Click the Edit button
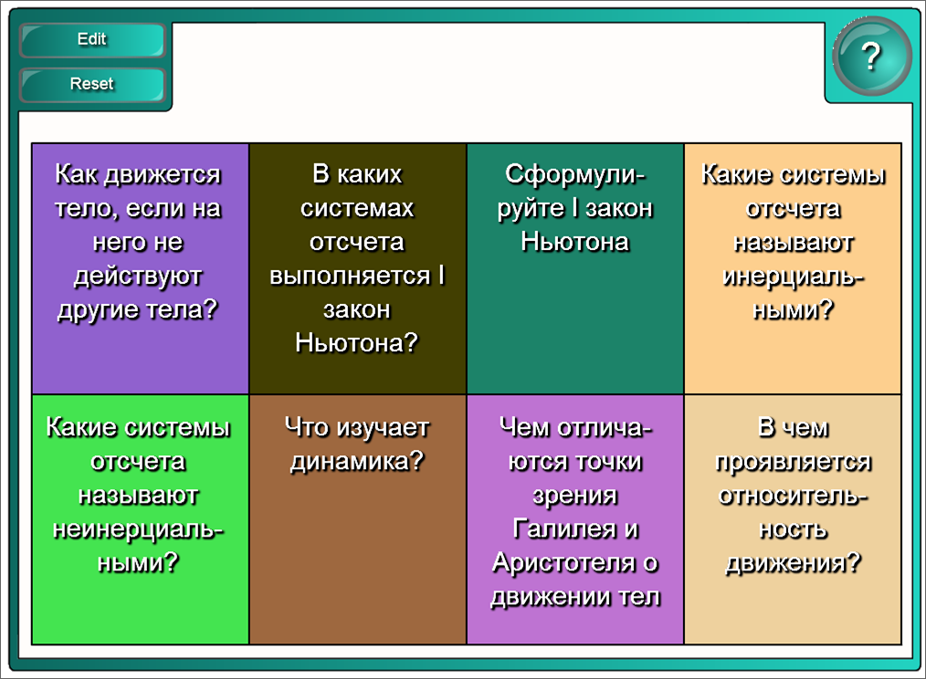(x=92, y=40)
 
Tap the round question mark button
(x=872, y=57)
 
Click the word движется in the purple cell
(x=163, y=174)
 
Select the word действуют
(x=138, y=277)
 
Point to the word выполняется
(x=350, y=277)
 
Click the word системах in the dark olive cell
(x=357, y=208)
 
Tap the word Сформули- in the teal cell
(x=575, y=174)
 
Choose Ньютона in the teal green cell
(x=575, y=242)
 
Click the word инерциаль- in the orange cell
(x=793, y=277)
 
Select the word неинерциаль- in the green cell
(x=138, y=530)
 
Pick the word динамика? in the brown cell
(x=357, y=462)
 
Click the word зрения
(x=575, y=496)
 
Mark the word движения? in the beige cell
(x=793, y=564)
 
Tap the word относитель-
(x=793, y=496)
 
